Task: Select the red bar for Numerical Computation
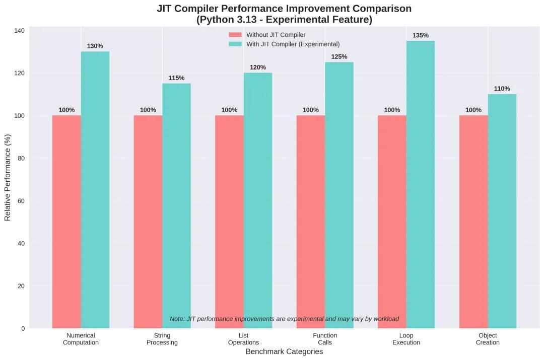(x=66, y=222)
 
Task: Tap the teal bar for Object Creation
(x=502, y=211)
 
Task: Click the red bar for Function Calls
(x=311, y=222)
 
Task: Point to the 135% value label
(x=421, y=35)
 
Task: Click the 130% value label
(x=95, y=46)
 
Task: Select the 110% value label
(x=502, y=89)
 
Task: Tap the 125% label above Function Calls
(x=339, y=57)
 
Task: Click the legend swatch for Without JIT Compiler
(x=235, y=35)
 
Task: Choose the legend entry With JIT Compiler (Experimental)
(x=293, y=44)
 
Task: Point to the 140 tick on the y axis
(x=19, y=31)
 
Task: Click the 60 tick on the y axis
(x=21, y=201)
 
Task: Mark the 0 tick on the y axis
(x=23, y=329)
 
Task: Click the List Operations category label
(x=244, y=339)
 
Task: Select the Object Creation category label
(x=488, y=339)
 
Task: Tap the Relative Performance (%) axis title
(x=8, y=177)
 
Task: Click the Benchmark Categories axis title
(x=284, y=352)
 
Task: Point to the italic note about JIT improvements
(x=284, y=319)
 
